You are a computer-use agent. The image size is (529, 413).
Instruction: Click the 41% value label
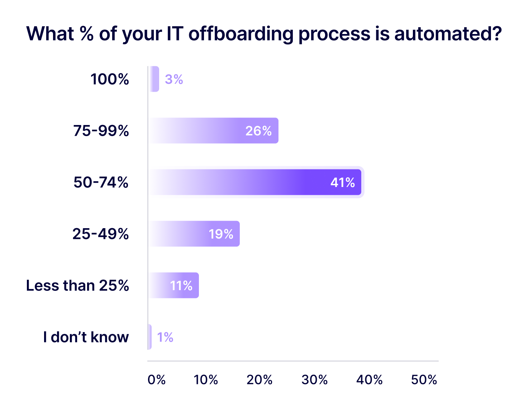tap(342, 182)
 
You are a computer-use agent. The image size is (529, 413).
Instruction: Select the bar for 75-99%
tap(214, 131)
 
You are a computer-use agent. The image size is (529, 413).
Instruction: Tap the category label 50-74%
tap(101, 182)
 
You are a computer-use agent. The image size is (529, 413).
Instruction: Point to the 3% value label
tap(174, 79)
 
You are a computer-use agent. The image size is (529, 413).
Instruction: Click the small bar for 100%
tap(154, 79)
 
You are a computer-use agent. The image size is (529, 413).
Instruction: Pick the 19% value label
tap(221, 234)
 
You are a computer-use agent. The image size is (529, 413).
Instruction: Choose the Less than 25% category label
tap(77, 285)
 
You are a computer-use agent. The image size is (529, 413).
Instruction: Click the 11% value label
tap(181, 285)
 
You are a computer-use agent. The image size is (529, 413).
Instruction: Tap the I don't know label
tap(86, 337)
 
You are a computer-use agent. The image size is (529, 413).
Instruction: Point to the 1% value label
tap(165, 337)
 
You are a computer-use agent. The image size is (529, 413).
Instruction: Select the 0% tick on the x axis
tap(157, 380)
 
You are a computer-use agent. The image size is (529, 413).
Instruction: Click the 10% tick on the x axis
tap(206, 380)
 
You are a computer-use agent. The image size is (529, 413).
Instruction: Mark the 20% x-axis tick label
tap(259, 380)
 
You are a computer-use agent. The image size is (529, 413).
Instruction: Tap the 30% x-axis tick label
tap(315, 380)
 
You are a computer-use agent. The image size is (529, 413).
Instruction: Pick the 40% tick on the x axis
tap(370, 380)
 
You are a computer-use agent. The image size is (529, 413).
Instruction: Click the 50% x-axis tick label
tap(424, 380)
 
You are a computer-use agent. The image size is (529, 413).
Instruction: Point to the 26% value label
tap(258, 131)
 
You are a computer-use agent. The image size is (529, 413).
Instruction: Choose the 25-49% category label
tap(100, 234)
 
